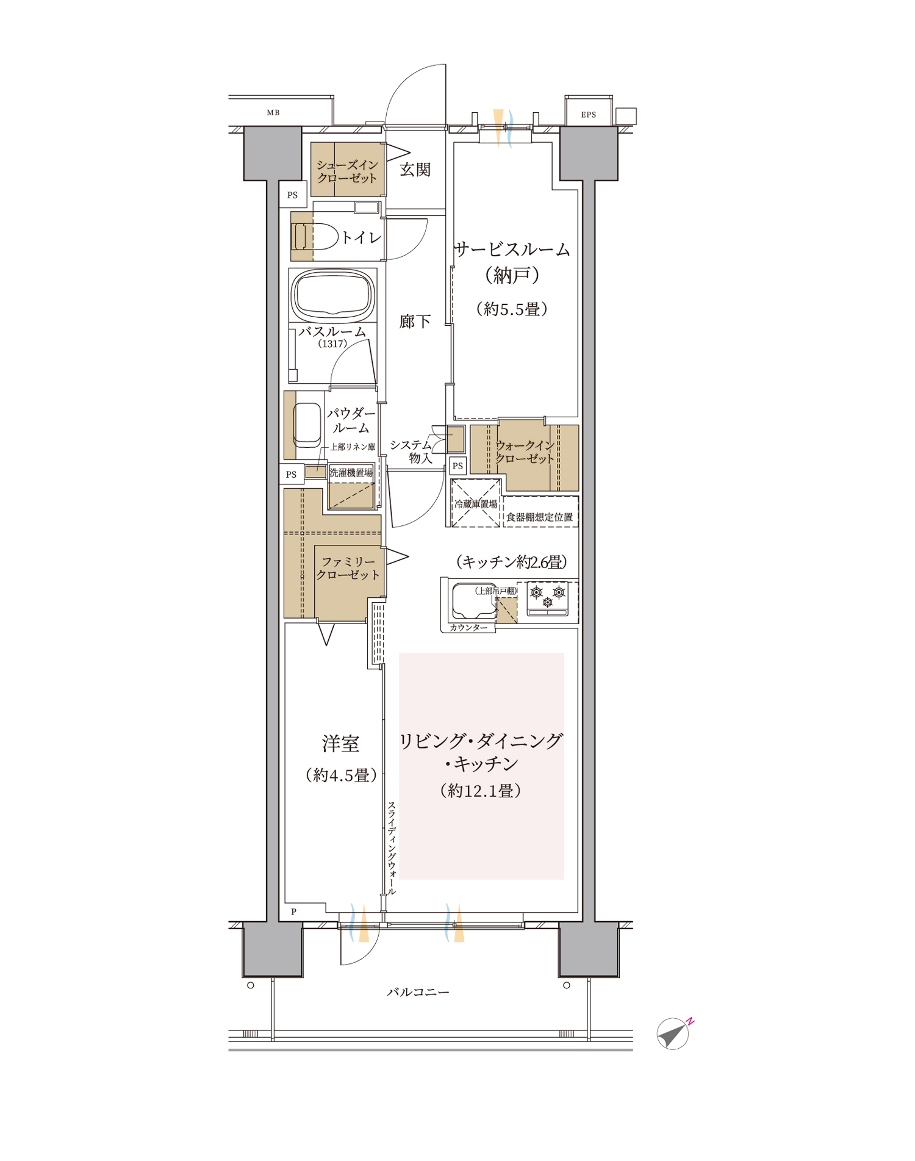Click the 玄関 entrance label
pyautogui.click(x=415, y=170)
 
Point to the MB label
pyautogui.click(x=273, y=113)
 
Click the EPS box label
pyautogui.click(x=589, y=115)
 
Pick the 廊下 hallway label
pyautogui.click(x=415, y=322)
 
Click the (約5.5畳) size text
pyautogui.click(x=512, y=309)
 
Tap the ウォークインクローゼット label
pyautogui.click(x=525, y=452)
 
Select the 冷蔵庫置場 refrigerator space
pyautogui.click(x=476, y=503)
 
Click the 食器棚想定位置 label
pyautogui.click(x=540, y=517)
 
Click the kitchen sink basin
pyautogui.click(x=474, y=601)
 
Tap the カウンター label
pyautogui.click(x=468, y=628)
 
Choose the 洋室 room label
pyautogui.click(x=341, y=744)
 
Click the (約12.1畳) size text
pyautogui.click(x=481, y=791)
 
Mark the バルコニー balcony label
pyautogui.click(x=418, y=993)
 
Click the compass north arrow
pyautogui.click(x=673, y=1033)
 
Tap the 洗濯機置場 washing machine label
pyautogui.click(x=351, y=473)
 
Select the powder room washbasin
pyautogui.click(x=307, y=425)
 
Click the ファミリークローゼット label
pyautogui.click(x=348, y=568)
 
